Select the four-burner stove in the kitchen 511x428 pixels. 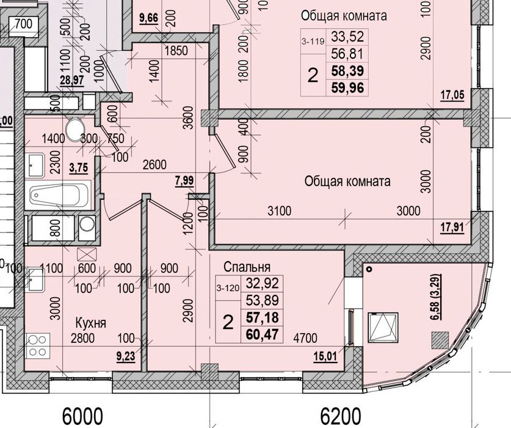point(38,345)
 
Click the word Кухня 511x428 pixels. point(91,323)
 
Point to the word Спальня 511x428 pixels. point(247,267)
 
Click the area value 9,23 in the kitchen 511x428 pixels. point(126,356)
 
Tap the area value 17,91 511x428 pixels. point(452,227)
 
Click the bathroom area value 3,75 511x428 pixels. point(79,168)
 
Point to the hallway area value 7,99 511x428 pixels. point(184,180)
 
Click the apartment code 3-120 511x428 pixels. point(228,288)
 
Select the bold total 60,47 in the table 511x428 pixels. point(263,334)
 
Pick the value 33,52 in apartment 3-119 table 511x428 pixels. point(347,37)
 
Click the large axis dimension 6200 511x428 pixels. point(341,416)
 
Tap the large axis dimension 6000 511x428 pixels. point(82,416)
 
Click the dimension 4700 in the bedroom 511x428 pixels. point(305,338)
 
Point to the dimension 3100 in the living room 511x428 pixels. point(279,211)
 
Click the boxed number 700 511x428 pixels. point(24,24)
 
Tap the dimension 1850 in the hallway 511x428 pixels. point(176,51)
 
